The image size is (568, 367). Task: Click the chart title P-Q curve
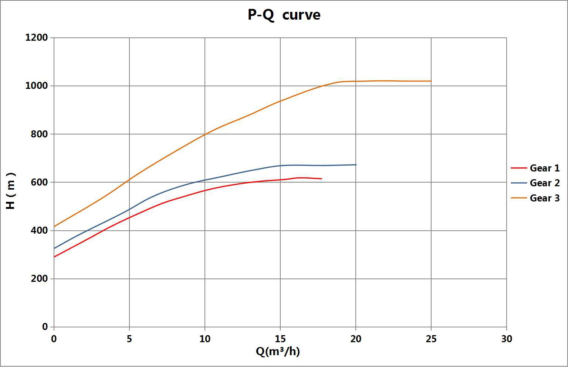click(x=284, y=15)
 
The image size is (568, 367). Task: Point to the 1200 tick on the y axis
click(x=37, y=37)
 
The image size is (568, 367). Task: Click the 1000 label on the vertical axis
click(x=37, y=86)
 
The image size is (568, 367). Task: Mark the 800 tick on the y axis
click(x=39, y=134)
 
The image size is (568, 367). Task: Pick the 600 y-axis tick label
click(x=39, y=182)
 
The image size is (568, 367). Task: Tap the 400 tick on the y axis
click(x=39, y=230)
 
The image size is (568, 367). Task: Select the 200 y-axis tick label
click(x=39, y=278)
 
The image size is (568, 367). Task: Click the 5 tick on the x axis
click(x=129, y=339)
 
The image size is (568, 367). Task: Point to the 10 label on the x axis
click(x=205, y=339)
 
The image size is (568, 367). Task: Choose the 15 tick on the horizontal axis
click(x=280, y=339)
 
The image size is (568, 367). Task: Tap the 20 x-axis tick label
click(x=356, y=339)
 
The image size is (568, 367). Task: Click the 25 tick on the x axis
click(x=431, y=339)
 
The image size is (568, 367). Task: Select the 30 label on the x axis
click(x=507, y=339)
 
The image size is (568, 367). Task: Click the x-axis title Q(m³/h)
click(x=278, y=351)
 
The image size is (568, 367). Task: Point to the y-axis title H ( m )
click(x=11, y=190)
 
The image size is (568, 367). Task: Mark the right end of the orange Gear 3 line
click(x=431, y=81)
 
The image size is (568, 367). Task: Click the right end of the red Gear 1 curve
click(x=322, y=179)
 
